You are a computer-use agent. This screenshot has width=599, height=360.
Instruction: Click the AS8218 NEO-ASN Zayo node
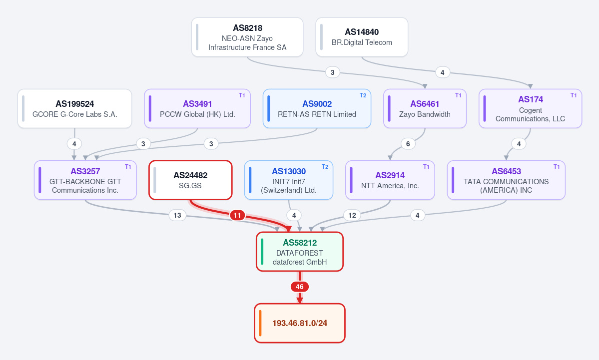(247, 37)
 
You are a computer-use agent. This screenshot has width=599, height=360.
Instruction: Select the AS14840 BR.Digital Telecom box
(362, 37)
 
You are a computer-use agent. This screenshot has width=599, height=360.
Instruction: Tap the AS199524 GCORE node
(74, 108)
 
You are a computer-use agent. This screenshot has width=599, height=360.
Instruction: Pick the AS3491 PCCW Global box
(197, 108)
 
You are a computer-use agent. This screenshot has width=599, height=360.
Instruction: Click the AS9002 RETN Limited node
(317, 108)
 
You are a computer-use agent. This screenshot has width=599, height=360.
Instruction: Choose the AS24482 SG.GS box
(190, 180)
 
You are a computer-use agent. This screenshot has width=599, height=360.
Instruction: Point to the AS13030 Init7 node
(289, 180)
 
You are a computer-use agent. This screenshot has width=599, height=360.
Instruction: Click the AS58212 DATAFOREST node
(300, 252)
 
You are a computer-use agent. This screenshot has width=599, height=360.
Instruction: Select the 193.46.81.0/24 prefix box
(300, 323)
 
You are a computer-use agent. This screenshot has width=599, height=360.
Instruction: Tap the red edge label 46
(300, 287)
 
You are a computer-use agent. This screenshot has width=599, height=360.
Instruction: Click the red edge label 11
(237, 215)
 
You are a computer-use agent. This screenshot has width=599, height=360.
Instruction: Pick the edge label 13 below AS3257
(177, 215)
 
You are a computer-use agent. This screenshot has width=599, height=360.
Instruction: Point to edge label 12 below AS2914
(352, 215)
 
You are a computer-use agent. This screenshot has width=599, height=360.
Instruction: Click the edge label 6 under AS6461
(408, 144)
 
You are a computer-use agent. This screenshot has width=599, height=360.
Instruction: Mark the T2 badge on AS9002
(363, 95)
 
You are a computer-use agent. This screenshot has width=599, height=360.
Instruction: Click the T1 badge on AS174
(574, 95)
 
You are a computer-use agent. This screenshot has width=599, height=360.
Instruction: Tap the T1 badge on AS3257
(128, 167)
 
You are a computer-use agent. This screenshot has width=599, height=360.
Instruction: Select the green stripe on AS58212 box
(262, 252)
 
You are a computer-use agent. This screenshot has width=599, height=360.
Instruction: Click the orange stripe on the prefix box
(260, 323)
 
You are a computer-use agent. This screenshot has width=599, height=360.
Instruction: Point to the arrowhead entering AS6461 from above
(425, 86)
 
